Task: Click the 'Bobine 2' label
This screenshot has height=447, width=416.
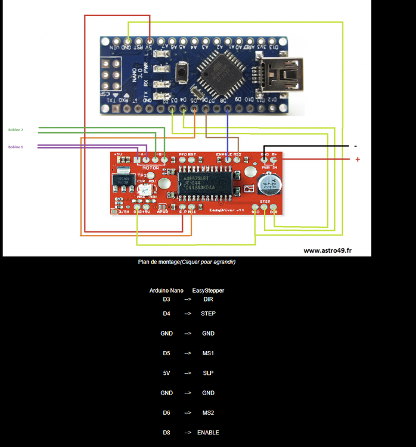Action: [x=15, y=129]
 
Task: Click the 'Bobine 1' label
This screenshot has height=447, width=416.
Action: [x=15, y=147]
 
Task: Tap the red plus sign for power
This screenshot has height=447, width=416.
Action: [x=358, y=159]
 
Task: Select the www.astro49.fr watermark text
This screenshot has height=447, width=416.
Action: [x=327, y=250]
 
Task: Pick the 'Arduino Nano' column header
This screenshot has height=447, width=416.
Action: [x=166, y=291]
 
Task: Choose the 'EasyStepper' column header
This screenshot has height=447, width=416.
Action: [x=208, y=291]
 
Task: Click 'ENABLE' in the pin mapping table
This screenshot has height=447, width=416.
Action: [x=208, y=432]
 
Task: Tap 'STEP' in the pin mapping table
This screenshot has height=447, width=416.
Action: [x=208, y=313]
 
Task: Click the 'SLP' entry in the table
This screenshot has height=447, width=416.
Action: [x=208, y=373]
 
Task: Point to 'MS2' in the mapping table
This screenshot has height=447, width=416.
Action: [x=208, y=412]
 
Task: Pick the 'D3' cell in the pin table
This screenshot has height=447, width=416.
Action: [x=166, y=299]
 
